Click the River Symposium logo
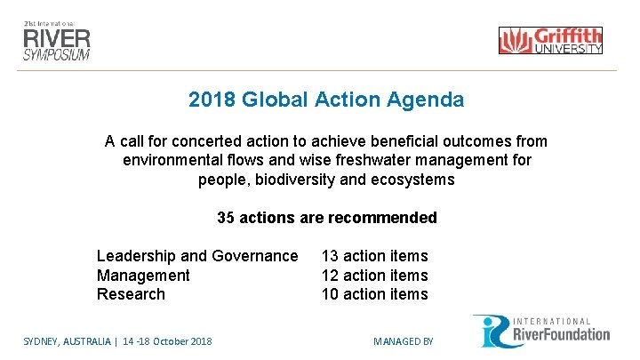point(57,39)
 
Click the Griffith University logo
point(550,40)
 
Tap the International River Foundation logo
point(540,331)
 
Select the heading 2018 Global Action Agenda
point(325,100)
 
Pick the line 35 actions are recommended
point(326,218)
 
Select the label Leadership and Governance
point(197,256)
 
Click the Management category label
point(143,276)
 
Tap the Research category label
point(131,294)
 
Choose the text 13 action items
point(374,256)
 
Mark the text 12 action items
point(374,276)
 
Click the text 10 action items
point(374,294)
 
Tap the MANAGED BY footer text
point(403,341)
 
